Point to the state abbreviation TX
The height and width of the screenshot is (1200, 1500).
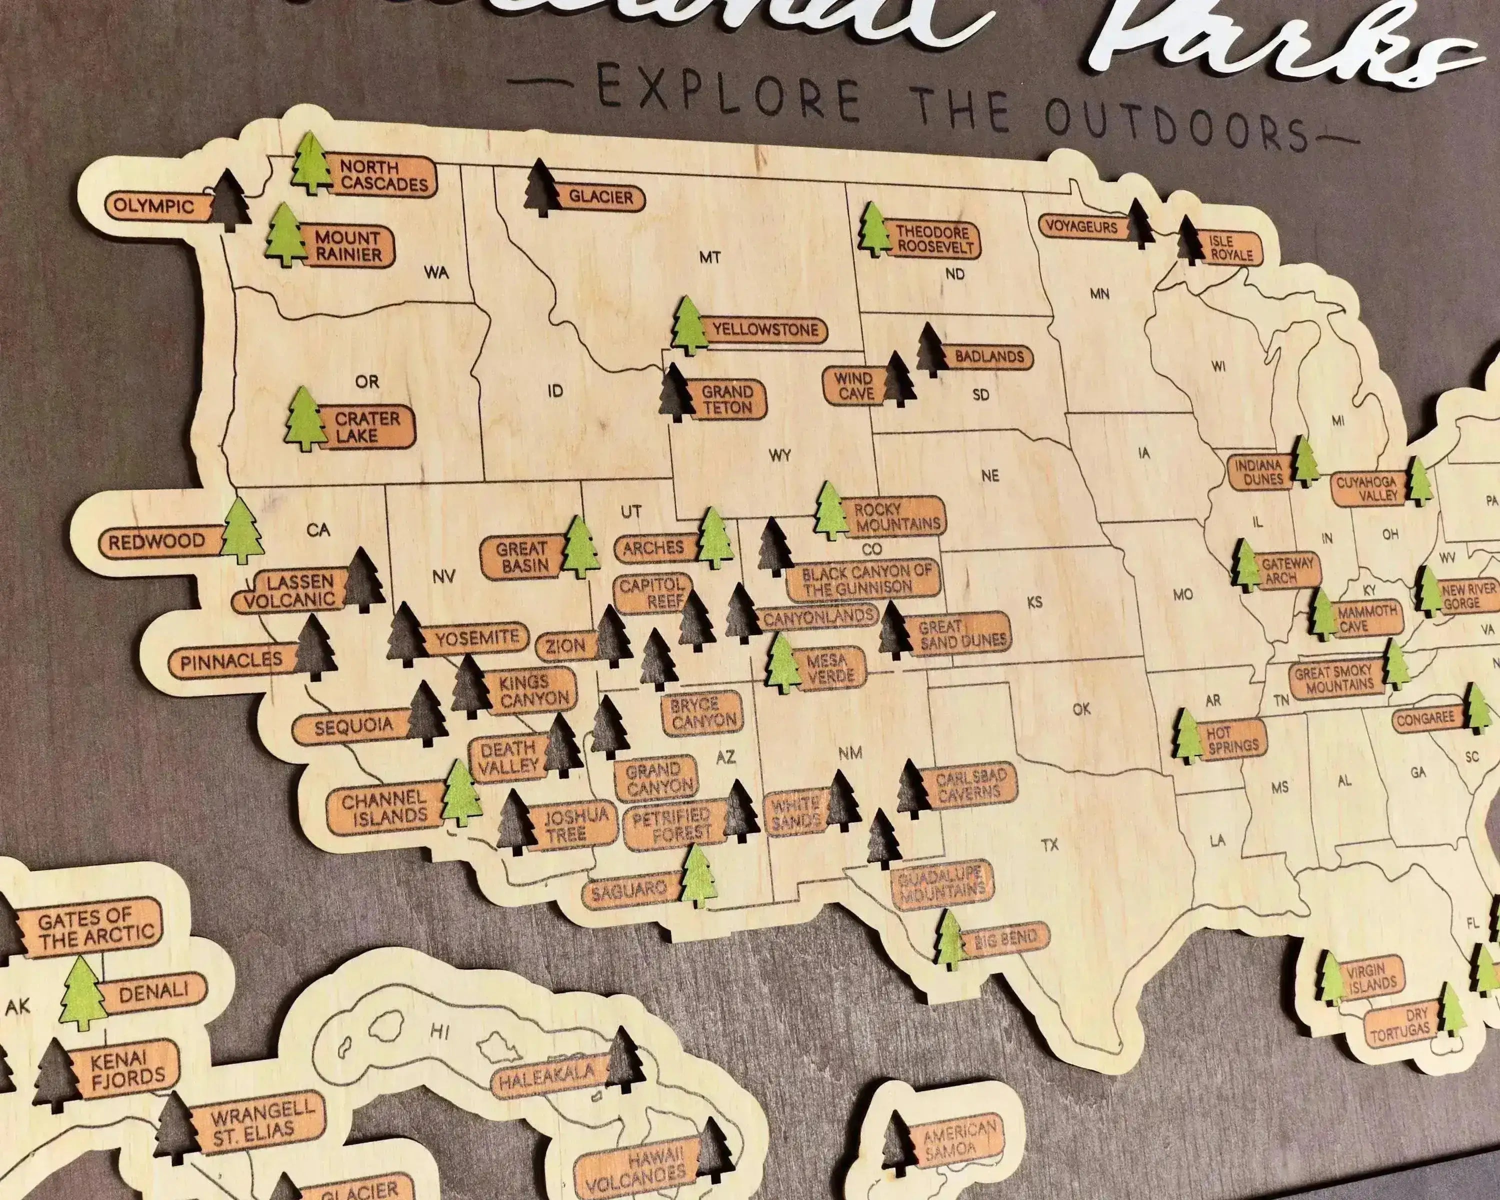coord(1050,844)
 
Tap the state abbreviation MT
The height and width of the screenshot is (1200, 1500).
coord(709,257)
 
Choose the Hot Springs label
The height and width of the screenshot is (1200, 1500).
coord(1232,739)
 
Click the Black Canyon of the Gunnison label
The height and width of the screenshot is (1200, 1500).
coord(865,579)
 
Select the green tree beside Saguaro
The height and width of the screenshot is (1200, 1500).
coord(698,877)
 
